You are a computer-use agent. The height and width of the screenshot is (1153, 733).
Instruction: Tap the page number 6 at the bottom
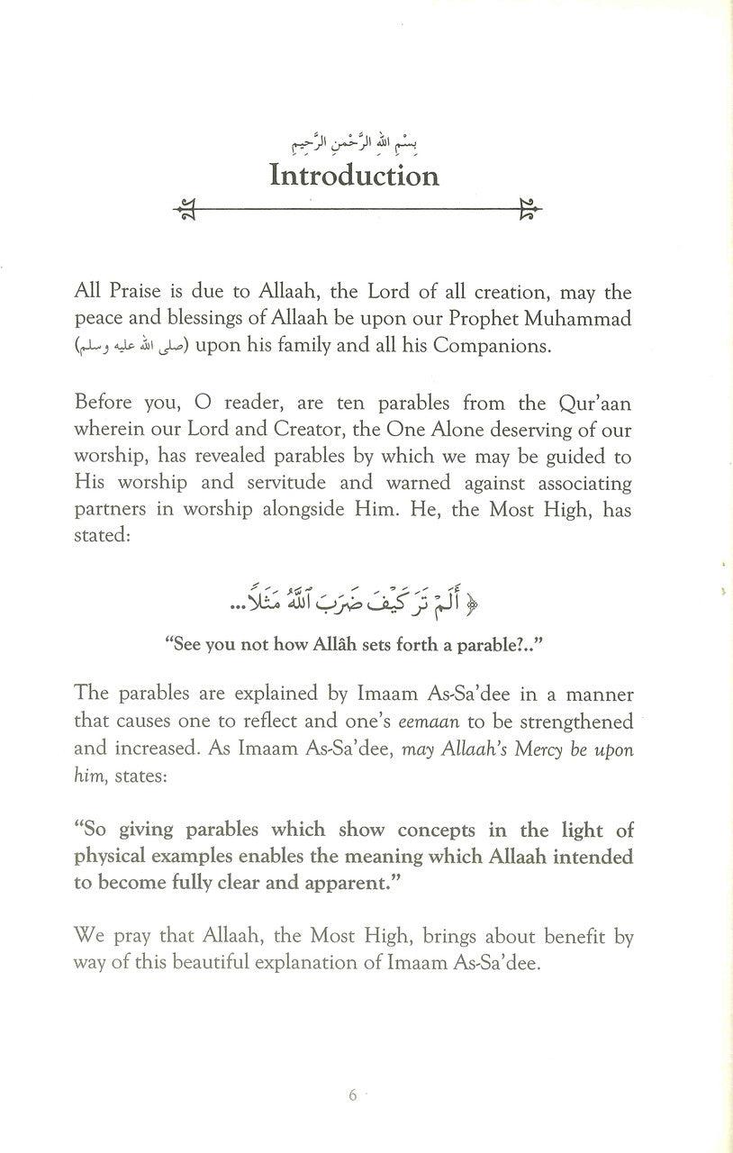click(x=352, y=1096)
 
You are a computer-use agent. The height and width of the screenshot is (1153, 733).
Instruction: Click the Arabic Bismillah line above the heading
click(x=356, y=141)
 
